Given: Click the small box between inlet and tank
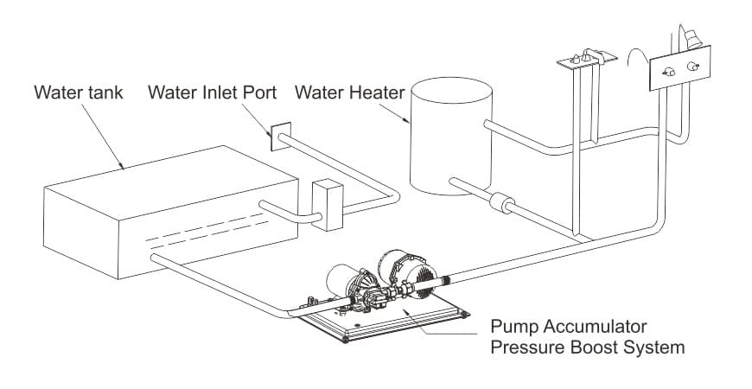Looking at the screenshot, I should tap(327, 205).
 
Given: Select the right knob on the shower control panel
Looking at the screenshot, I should tap(691, 67).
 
